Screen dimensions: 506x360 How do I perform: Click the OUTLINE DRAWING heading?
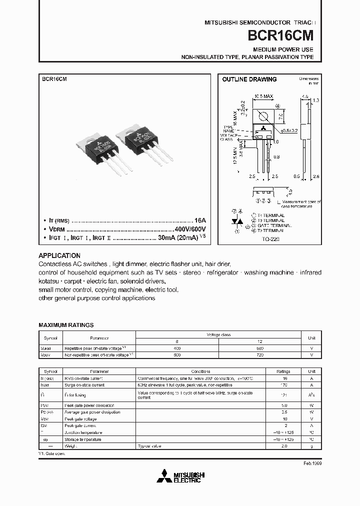click(249, 79)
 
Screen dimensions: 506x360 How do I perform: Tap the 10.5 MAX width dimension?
click(263, 95)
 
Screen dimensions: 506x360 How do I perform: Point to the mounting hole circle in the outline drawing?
click(264, 118)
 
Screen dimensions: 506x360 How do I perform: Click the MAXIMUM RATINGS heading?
click(66, 325)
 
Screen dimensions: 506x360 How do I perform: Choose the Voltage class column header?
click(217, 334)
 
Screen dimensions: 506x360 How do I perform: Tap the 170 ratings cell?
click(284, 385)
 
